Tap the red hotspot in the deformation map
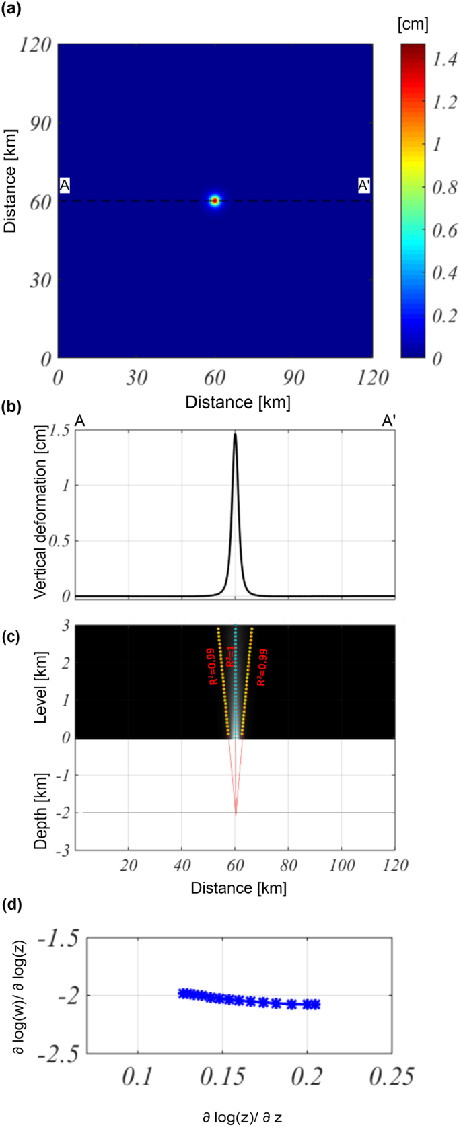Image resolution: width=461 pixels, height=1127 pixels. point(215,201)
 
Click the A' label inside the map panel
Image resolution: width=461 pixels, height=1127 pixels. point(364,186)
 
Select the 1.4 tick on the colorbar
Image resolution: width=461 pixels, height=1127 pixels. point(445,61)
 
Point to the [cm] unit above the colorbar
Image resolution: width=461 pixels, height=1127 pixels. point(413,24)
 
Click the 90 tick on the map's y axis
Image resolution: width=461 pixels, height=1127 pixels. point(40,123)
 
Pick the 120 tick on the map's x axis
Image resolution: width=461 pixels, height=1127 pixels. point(372,378)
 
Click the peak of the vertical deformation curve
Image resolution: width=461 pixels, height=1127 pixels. point(235,434)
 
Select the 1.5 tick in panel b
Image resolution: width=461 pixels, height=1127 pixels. point(59,431)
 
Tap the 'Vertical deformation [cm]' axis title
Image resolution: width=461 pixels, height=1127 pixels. point(40,512)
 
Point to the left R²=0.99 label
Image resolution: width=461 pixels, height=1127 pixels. point(213,667)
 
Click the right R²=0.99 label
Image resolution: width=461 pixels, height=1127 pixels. point(262,667)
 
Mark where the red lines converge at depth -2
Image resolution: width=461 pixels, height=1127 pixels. point(235,814)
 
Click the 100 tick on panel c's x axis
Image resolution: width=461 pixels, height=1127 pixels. point(341,865)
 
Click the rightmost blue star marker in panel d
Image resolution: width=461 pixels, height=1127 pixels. point(314,1005)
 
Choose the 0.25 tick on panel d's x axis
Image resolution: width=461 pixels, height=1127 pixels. point(392,1077)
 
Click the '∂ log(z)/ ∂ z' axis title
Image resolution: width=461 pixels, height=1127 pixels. point(242,1118)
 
